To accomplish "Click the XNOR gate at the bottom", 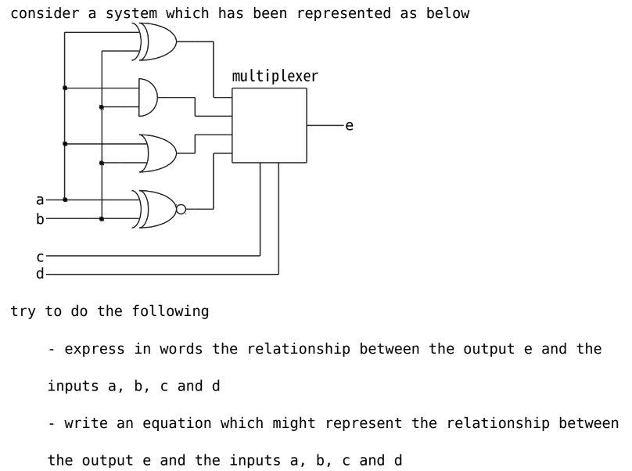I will coord(156,209).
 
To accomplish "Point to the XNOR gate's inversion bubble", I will coord(181,209).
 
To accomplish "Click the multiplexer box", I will coord(269,125).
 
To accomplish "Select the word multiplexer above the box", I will coord(275,77).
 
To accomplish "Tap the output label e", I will coord(349,125).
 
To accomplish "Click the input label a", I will coord(40,200).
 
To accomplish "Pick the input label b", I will coord(40,219).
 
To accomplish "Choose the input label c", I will coord(40,256).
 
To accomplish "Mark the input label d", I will coord(40,274).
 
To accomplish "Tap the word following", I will coord(172,311).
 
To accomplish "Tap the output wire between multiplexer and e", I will coord(324,125).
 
